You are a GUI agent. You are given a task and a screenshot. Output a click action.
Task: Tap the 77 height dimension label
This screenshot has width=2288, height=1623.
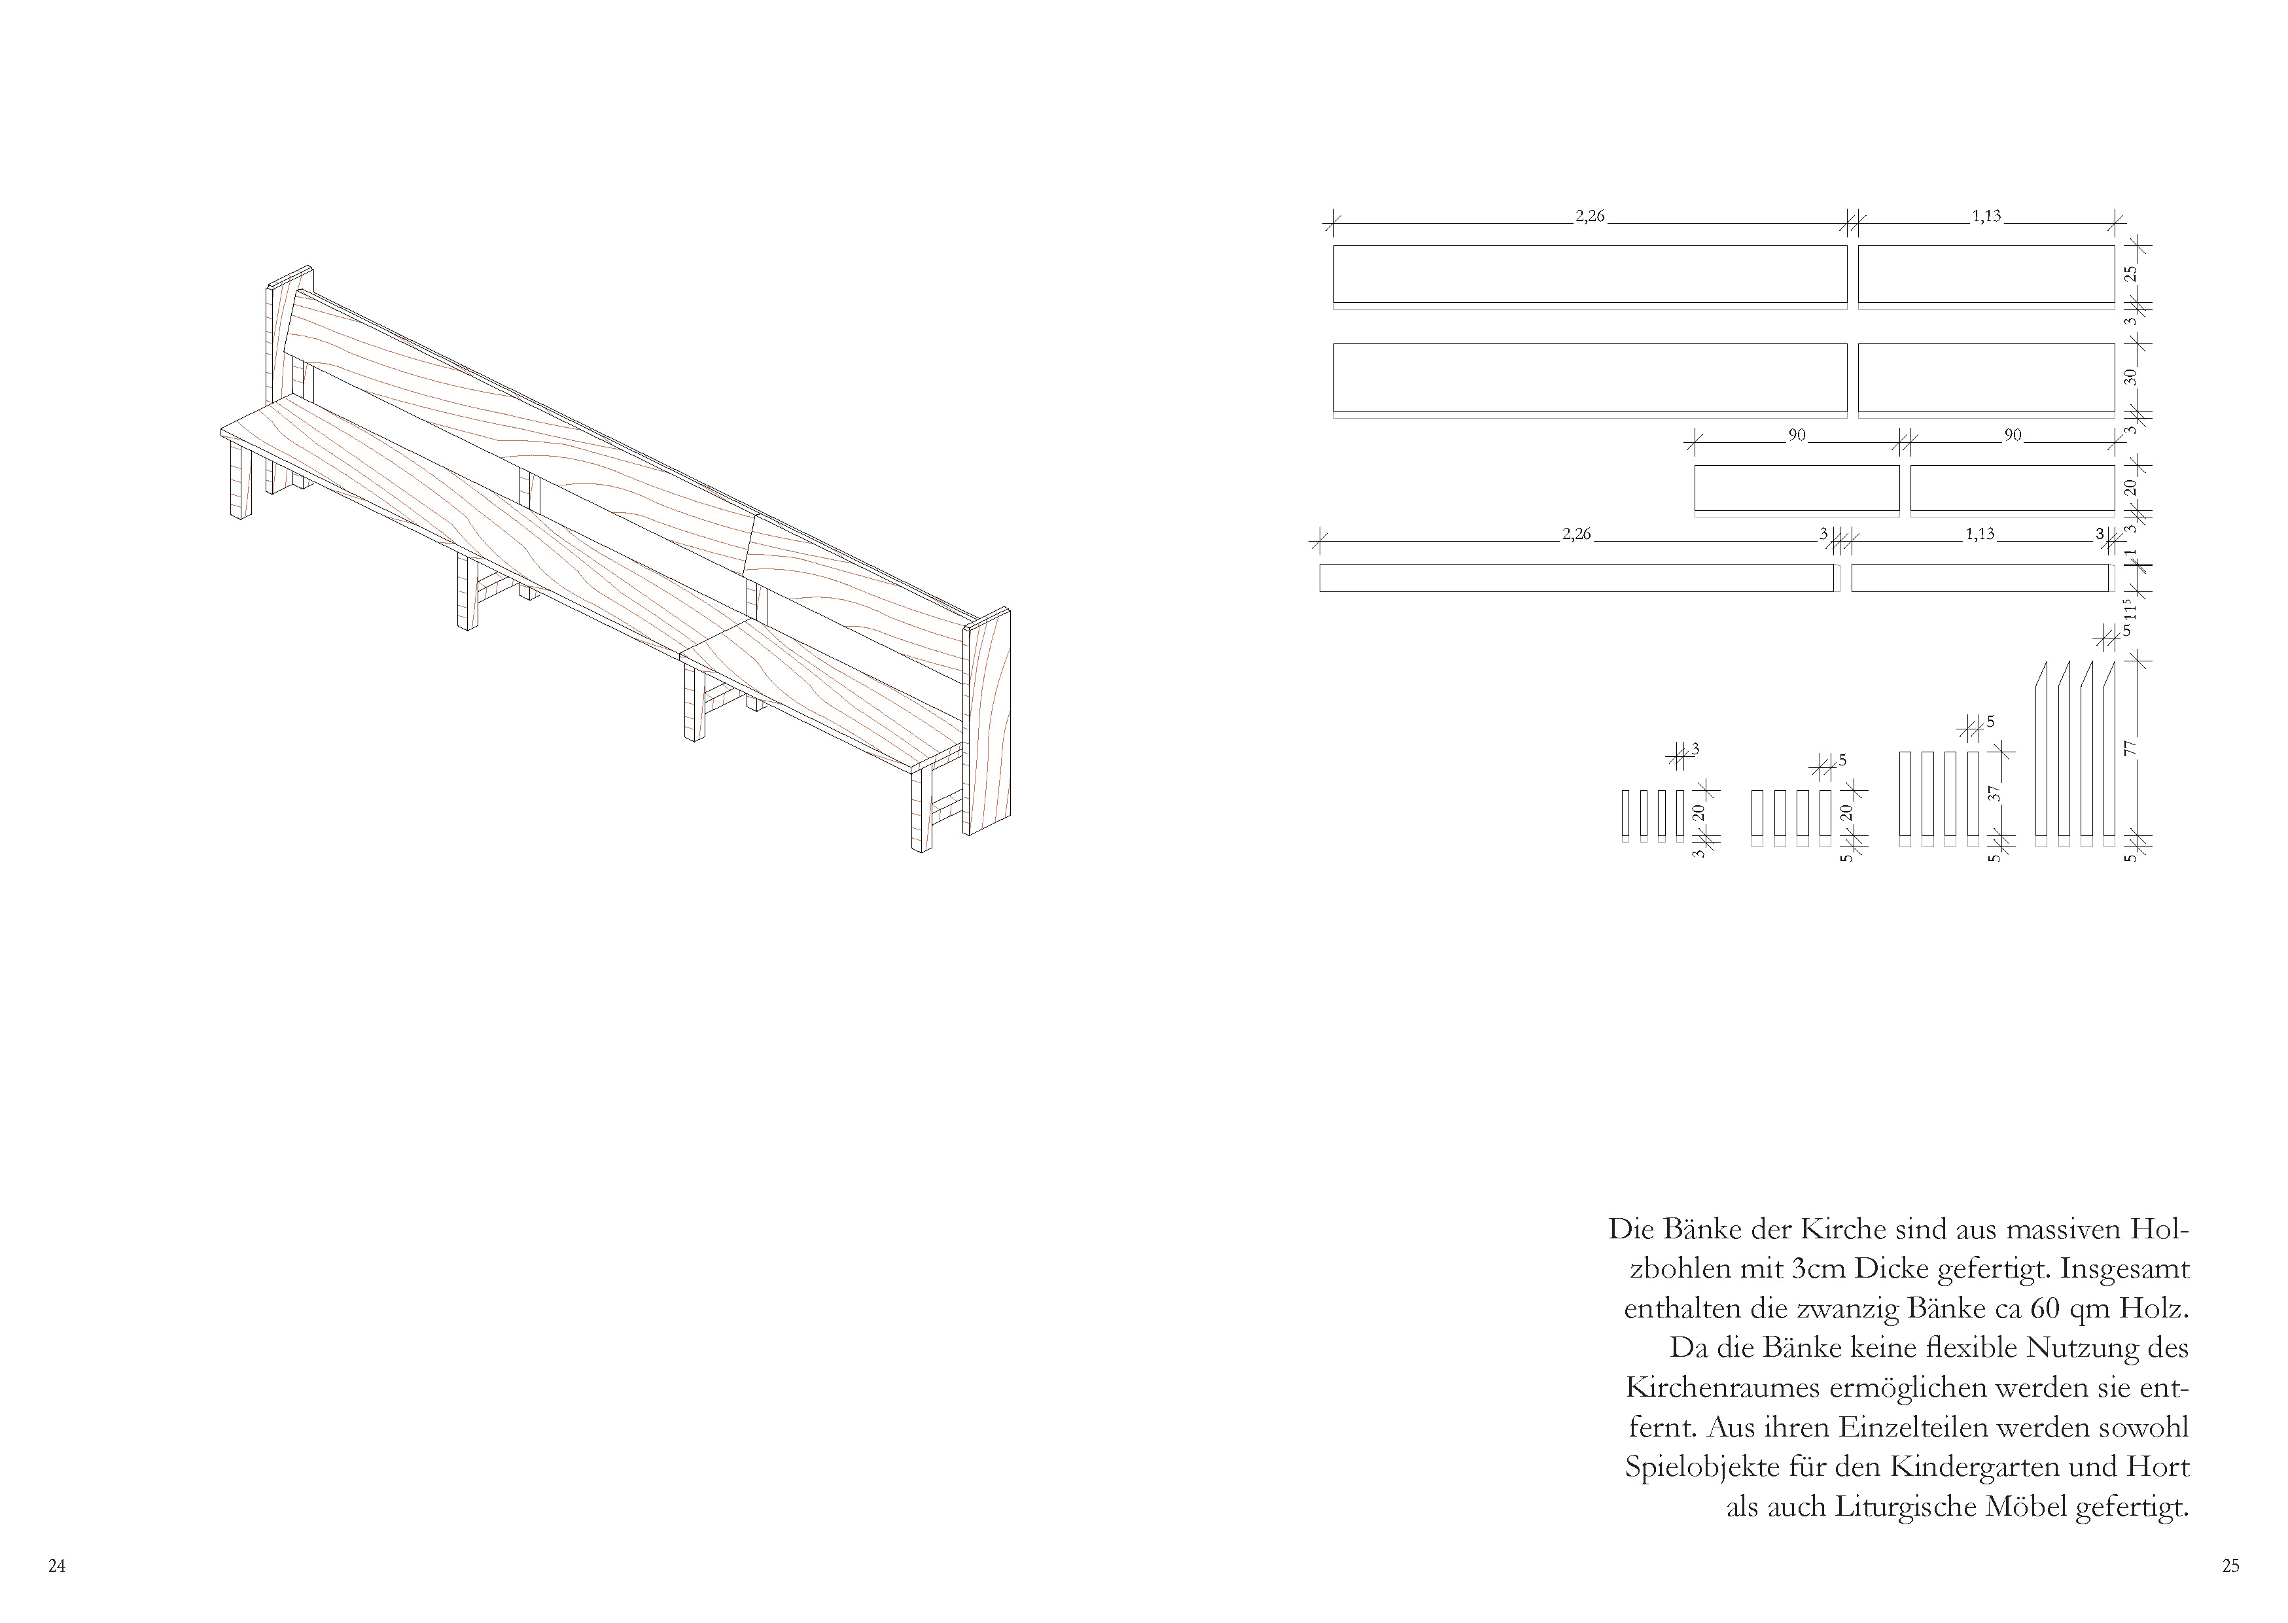[x=2130, y=748]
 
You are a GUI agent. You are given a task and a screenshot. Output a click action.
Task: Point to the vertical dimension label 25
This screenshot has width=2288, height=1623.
[x=2130, y=272]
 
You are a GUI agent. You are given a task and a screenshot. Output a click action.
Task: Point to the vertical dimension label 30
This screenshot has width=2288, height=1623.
[x=2130, y=377]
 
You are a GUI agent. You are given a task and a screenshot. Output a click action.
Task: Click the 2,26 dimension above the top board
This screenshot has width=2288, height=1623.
[x=1589, y=216]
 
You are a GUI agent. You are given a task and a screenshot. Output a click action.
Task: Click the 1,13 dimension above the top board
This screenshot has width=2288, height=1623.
[x=1986, y=216]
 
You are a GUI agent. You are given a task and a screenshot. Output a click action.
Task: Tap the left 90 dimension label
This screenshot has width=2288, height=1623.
[x=1797, y=435]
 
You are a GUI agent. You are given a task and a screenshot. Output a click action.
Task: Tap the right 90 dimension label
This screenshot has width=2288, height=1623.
[x=2013, y=435]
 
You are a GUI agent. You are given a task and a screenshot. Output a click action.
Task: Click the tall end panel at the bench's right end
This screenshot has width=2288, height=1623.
[x=987, y=720]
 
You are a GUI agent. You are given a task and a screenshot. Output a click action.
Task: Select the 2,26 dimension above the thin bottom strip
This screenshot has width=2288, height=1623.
[x=1576, y=534]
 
